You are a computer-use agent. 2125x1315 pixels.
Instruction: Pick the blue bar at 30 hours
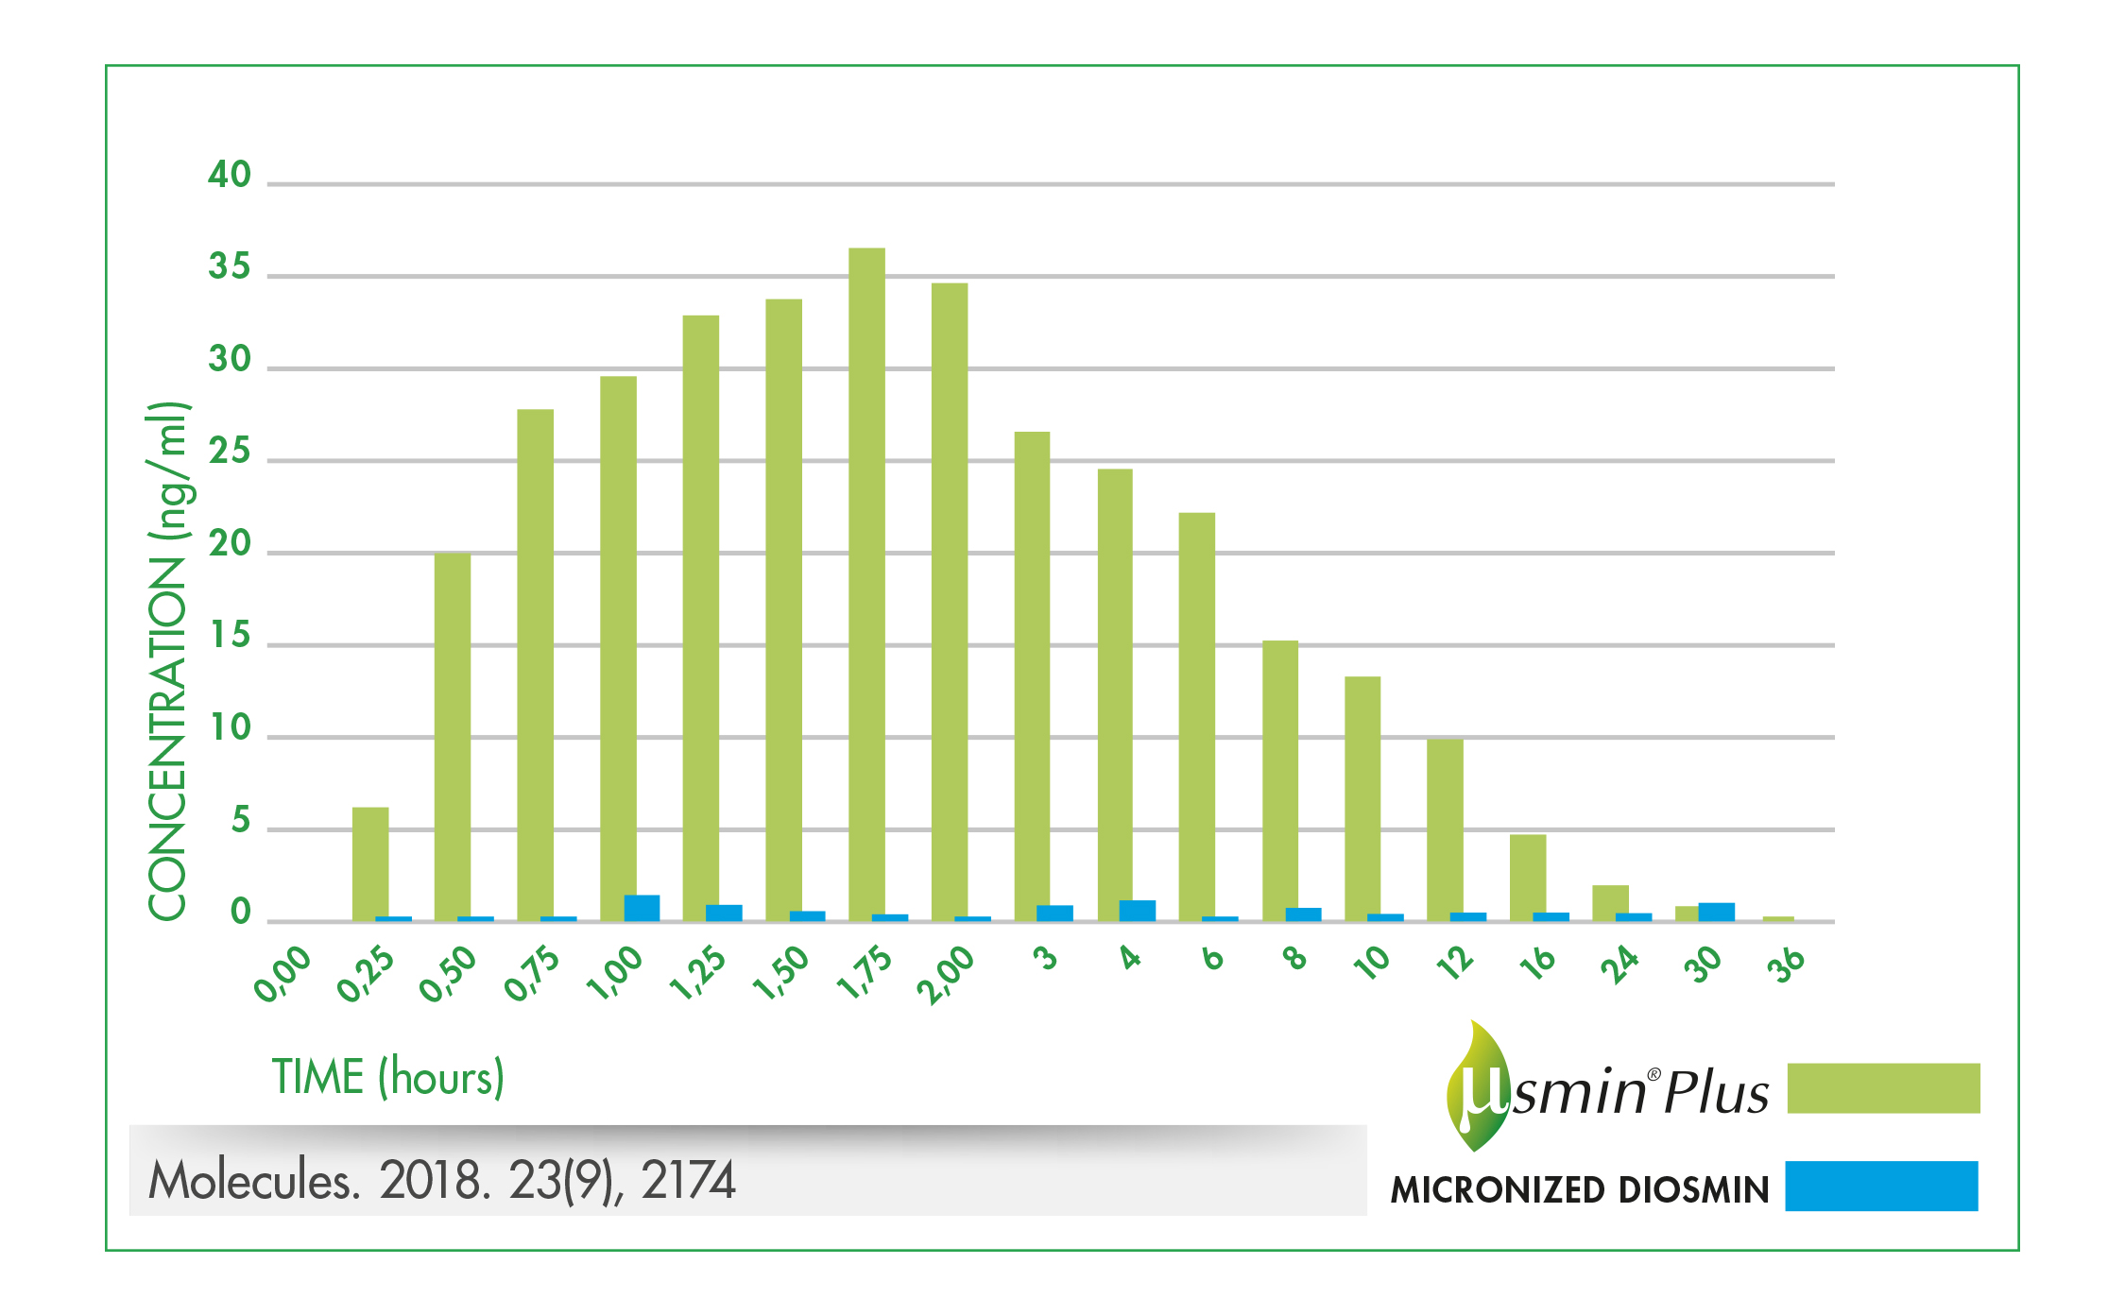pyautogui.click(x=1716, y=912)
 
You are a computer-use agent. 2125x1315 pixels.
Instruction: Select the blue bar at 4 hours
pyautogui.click(x=1138, y=911)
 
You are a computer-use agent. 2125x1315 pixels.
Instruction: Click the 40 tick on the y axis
pyautogui.click(x=230, y=175)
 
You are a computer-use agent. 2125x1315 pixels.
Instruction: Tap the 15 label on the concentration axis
pyautogui.click(x=230, y=636)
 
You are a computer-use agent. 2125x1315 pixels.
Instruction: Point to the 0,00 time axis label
pyautogui.click(x=283, y=973)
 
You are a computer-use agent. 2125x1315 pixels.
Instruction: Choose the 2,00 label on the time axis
pyautogui.click(x=946, y=973)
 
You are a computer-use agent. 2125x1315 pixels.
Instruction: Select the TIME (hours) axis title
pyautogui.click(x=388, y=1077)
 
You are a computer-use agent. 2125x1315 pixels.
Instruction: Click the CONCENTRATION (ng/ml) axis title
pyautogui.click(x=168, y=661)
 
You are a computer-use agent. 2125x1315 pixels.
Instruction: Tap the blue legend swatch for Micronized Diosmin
pyautogui.click(x=1881, y=1186)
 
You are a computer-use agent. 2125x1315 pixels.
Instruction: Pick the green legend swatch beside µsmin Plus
pyautogui.click(x=1883, y=1088)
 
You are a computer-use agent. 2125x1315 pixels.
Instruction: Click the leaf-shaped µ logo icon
pyautogui.click(x=1478, y=1086)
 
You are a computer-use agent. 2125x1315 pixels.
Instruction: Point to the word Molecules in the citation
pyautogui.click(x=254, y=1181)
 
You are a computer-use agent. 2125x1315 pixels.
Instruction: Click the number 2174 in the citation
pyautogui.click(x=688, y=1181)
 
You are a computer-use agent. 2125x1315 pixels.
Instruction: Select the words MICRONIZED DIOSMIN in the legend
pyautogui.click(x=1580, y=1189)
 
